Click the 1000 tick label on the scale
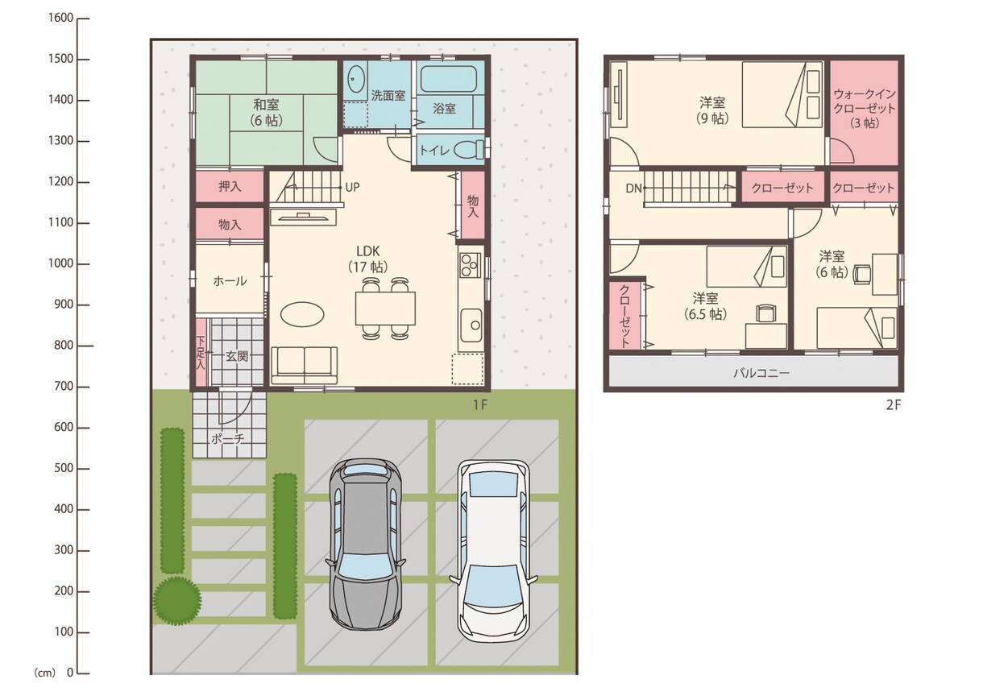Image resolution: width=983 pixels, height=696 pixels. click(x=60, y=263)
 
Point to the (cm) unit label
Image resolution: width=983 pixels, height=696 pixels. click(x=45, y=673)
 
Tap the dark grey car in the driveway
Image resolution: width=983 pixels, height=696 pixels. click(x=366, y=545)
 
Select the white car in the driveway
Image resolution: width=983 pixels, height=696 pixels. click(x=493, y=551)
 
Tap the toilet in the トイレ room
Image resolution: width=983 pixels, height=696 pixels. click(x=470, y=150)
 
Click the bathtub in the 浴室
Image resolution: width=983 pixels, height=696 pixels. click(x=449, y=79)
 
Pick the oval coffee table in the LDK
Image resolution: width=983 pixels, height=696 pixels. click(x=302, y=314)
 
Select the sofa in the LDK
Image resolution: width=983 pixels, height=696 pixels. click(x=304, y=366)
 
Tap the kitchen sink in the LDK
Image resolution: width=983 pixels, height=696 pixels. click(x=471, y=325)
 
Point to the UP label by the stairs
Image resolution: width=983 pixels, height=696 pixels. click(x=352, y=188)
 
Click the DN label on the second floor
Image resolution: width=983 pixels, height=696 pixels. click(x=633, y=188)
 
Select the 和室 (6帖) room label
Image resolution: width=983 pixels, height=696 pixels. click(x=267, y=112)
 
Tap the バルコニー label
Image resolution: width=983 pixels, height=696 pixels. click(x=762, y=373)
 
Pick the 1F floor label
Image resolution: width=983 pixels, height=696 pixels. click(x=479, y=404)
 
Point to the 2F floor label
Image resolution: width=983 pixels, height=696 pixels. click(x=893, y=405)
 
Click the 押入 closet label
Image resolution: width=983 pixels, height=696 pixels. click(x=230, y=187)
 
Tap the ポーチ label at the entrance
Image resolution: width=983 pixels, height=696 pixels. click(x=227, y=438)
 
